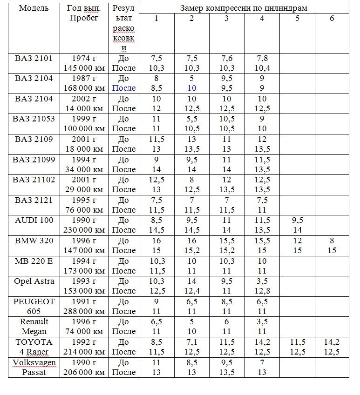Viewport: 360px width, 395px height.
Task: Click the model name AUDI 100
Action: coord(34,221)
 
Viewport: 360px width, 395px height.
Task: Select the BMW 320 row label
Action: coord(34,241)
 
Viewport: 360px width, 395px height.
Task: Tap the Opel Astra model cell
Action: coord(34,281)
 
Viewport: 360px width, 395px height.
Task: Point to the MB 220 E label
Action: coord(34,261)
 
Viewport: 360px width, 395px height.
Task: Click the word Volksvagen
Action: coord(34,362)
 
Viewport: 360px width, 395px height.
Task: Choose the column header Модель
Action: coord(34,8)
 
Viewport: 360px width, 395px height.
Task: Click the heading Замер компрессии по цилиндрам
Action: coord(244,8)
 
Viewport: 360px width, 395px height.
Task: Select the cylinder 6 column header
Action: coord(332,19)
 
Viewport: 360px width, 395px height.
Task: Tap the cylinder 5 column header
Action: coord(297,19)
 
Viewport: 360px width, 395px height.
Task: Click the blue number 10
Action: coord(192,88)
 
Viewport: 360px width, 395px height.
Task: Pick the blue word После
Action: coord(124,88)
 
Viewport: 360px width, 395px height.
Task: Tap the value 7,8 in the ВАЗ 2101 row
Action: coord(262,58)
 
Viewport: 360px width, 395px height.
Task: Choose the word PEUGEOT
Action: coord(34,301)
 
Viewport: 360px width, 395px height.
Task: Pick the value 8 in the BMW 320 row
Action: coord(332,241)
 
